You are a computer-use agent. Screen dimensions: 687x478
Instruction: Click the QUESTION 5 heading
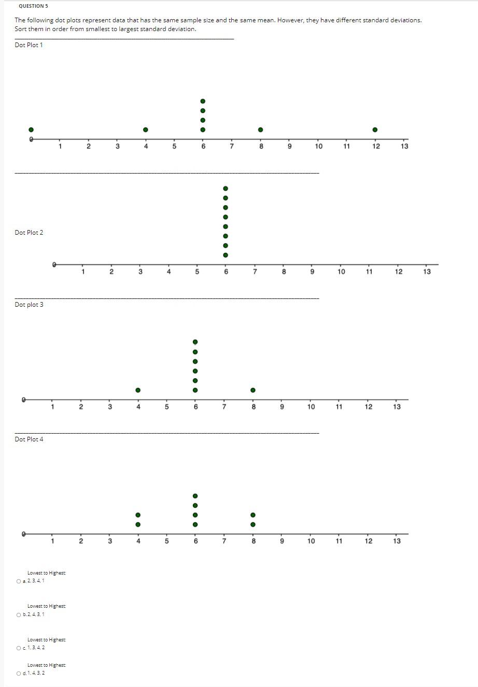pos(33,6)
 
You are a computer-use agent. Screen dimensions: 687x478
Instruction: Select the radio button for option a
pos(19,581)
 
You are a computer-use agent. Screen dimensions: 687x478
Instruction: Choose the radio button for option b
pos(19,614)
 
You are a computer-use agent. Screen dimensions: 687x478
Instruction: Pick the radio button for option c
pos(19,648)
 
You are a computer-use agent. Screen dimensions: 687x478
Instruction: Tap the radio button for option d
pos(19,673)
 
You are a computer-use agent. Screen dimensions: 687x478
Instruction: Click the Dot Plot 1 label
pos(29,45)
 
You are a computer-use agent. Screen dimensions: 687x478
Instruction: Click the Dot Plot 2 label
pos(29,233)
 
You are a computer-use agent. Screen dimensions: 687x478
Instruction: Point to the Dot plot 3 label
pos(29,305)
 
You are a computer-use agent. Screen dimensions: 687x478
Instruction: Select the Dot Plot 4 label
pos(29,439)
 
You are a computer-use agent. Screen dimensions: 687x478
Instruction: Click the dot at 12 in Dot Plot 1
pos(375,130)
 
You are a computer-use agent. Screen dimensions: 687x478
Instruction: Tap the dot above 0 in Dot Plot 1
pos(31,130)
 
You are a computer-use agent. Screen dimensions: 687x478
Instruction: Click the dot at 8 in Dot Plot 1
pos(261,130)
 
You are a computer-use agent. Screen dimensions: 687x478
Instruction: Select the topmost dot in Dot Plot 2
pos(225,189)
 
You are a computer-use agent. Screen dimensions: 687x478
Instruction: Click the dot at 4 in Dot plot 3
pos(138,390)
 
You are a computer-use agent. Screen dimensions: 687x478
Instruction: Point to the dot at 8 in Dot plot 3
pos(252,390)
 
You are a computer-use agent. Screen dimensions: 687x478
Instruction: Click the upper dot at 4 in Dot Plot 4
pos(138,515)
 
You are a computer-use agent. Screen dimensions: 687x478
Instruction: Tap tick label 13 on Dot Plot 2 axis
pos(427,272)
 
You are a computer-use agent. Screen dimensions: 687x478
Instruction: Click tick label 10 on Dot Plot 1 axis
pos(318,147)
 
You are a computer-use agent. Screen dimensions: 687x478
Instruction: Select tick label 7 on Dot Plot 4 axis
pos(224,541)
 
